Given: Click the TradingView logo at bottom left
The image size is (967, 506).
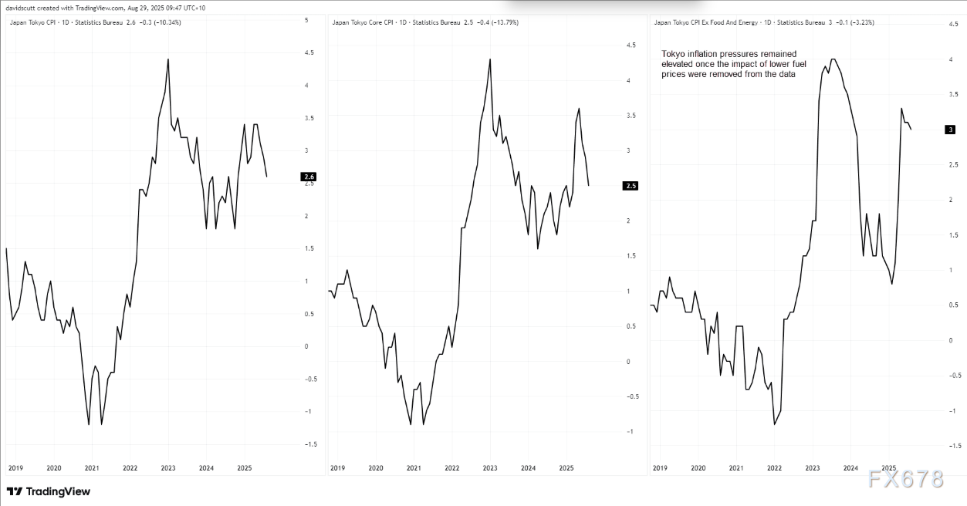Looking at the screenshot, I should [48, 491].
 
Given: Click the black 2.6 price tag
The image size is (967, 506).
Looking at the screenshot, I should [309, 177].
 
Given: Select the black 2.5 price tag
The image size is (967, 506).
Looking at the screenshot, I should [631, 186].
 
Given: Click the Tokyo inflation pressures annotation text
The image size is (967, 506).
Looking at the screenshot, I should [728, 64].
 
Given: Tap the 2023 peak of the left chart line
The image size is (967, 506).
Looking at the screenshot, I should [168, 59].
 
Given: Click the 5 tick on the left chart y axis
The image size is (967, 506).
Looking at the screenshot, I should [307, 20].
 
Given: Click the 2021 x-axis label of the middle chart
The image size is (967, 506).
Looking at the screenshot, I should [414, 468].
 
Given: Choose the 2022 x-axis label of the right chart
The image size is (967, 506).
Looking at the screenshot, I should [774, 468].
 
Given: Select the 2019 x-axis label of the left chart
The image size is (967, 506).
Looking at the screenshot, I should [15, 468].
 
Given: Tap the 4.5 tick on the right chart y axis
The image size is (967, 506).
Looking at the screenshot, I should [953, 25].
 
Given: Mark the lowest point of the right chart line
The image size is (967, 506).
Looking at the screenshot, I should [774, 424].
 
